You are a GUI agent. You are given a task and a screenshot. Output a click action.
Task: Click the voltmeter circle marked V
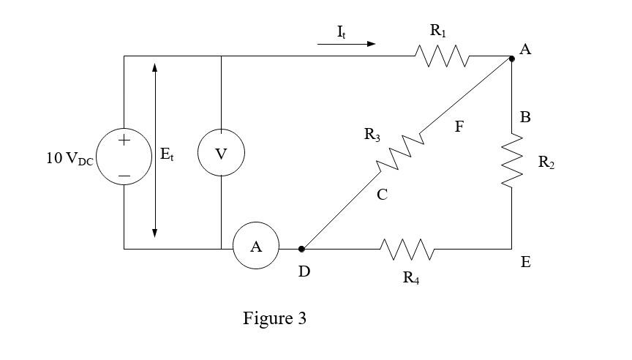click(220, 154)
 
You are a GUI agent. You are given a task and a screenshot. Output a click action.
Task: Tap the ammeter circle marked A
click(256, 247)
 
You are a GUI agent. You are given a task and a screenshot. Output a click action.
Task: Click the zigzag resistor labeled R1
click(442, 56)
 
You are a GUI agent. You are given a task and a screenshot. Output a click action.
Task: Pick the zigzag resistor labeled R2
click(512, 160)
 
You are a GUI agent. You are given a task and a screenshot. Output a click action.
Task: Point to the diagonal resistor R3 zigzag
click(399, 152)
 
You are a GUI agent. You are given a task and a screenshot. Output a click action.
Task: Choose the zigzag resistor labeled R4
click(407, 250)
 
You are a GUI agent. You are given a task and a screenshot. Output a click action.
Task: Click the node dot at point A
click(511, 59)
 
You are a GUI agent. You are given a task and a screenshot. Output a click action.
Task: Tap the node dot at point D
click(301, 249)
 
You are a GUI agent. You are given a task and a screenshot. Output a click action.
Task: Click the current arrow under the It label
click(346, 44)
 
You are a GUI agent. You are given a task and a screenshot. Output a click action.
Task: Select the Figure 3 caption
click(274, 319)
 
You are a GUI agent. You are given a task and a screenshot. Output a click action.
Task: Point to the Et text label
click(167, 154)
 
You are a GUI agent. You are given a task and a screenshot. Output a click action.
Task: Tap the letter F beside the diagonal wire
click(459, 127)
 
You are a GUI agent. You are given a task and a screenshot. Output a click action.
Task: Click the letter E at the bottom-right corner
click(525, 261)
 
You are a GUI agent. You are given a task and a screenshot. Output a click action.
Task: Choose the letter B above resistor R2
click(525, 117)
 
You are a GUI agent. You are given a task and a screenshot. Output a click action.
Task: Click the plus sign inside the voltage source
click(124, 140)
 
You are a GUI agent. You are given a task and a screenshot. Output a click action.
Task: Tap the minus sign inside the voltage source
click(124, 176)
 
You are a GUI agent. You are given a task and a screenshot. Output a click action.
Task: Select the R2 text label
click(546, 163)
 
